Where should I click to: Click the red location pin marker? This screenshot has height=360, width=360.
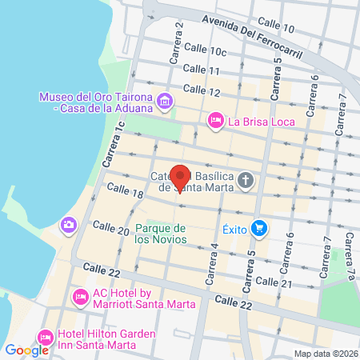point(181,178)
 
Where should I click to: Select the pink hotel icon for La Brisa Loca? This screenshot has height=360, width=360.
point(215,122)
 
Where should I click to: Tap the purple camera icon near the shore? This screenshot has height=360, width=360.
point(70,223)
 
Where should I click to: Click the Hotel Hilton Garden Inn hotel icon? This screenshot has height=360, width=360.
point(45,337)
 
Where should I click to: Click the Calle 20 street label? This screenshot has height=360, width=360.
point(111,230)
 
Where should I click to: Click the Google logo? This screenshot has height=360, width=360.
point(26,350)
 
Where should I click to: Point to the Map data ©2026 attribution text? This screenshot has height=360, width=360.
point(323,354)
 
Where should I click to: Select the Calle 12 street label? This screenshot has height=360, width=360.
point(201,90)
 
